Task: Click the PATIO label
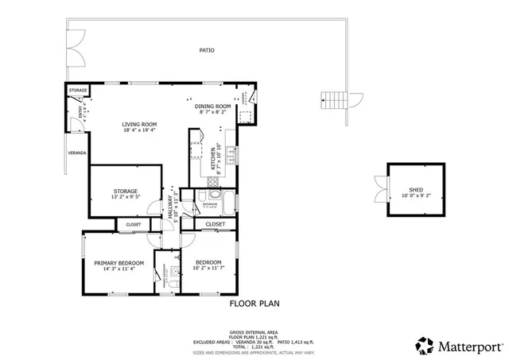206,50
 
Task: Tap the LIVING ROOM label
139,125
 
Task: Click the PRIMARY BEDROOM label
119,263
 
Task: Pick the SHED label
417,190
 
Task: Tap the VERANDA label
77,153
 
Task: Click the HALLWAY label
170,208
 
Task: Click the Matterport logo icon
423,346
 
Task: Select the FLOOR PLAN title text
254,303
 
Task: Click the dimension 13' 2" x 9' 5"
125,198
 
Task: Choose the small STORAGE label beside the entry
77,91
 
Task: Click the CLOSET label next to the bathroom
216,225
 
